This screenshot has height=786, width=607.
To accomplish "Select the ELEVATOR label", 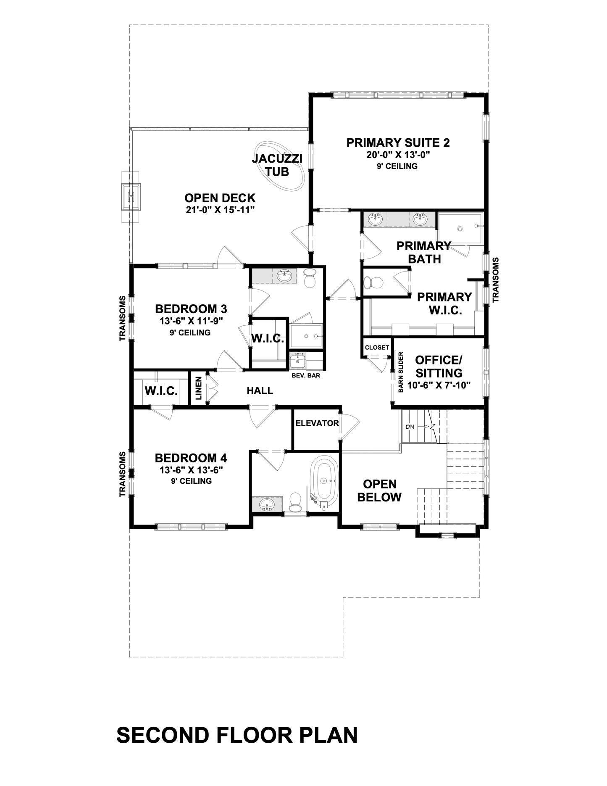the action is [x=317, y=423].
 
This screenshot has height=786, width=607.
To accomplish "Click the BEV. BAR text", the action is [x=306, y=375].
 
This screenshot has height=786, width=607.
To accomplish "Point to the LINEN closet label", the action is [x=199, y=388].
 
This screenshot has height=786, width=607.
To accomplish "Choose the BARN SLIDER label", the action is [x=400, y=372].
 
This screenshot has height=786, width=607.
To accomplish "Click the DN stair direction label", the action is [x=410, y=427].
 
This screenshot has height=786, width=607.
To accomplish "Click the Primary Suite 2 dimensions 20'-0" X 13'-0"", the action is [x=398, y=155].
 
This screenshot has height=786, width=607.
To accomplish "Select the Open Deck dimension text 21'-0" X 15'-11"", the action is [x=221, y=210].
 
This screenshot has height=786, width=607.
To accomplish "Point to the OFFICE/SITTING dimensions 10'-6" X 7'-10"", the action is [x=439, y=385].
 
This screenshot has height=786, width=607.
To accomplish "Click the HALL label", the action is [x=260, y=390].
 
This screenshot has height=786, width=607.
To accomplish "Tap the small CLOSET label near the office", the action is [x=377, y=348].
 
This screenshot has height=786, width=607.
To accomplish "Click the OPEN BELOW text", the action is [x=379, y=491].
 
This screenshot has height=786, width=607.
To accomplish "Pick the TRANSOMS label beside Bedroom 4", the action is [x=123, y=475].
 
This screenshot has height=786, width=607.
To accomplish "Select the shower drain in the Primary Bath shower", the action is [x=460, y=229].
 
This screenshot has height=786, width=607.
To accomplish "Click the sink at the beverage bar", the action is [x=298, y=361].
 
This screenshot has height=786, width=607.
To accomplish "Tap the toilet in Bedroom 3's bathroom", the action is [x=310, y=279].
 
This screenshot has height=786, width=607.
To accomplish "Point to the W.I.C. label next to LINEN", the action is [x=161, y=391].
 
